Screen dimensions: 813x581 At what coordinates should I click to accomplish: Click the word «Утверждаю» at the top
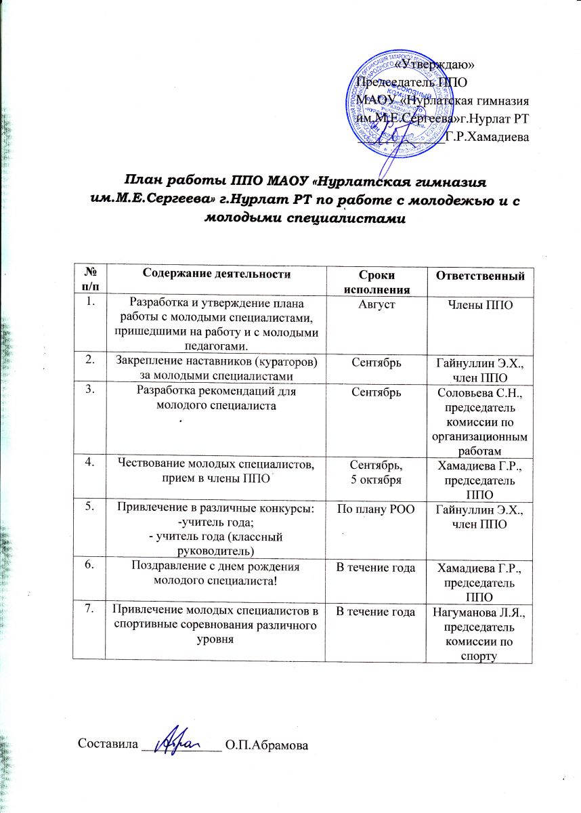pos(434,64)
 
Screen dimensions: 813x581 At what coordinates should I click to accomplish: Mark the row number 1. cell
pos(88,303)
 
